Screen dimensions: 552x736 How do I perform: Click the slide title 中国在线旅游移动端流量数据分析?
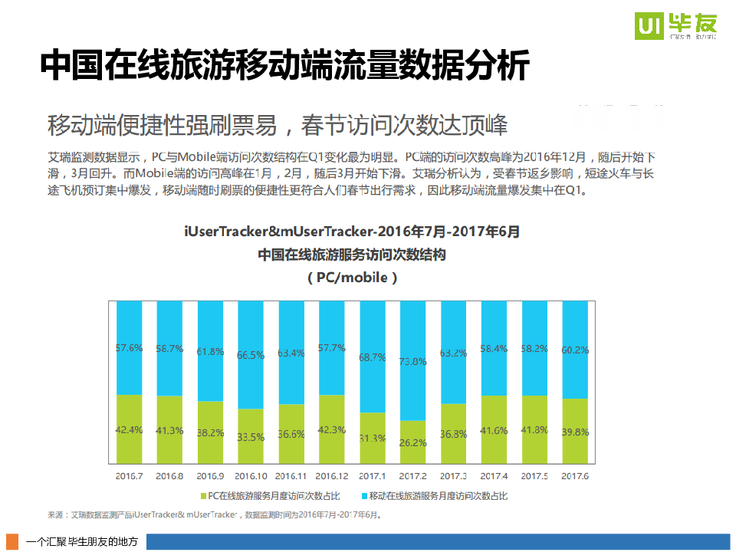[x=284, y=66]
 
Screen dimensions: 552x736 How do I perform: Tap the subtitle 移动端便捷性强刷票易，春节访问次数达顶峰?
[x=277, y=124]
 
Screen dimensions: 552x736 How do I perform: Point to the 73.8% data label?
[x=413, y=362]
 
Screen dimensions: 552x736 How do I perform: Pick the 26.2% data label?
[x=413, y=442]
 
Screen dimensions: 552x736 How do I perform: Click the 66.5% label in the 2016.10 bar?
[x=251, y=355]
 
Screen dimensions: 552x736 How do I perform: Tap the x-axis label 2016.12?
[x=332, y=476]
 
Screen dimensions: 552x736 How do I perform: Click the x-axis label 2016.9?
[x=210, y=476]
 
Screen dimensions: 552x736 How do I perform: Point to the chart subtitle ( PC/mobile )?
[x=352, y=278]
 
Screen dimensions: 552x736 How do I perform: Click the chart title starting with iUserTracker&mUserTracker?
[x=352, y=232]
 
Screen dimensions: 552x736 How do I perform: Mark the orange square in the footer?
[x=11, y=541]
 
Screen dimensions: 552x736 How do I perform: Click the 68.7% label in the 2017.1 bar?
[x=373, y=357]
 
